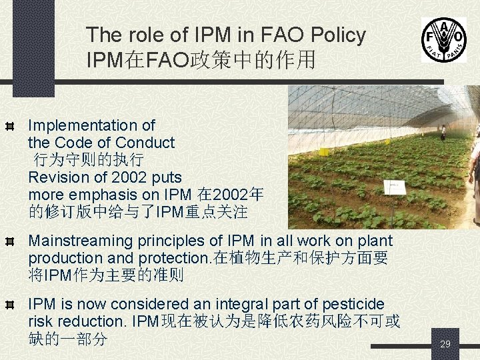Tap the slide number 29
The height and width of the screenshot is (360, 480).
[445, 344]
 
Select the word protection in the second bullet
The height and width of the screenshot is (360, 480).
[173, 258]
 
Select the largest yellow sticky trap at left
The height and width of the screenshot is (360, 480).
[324, 151]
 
